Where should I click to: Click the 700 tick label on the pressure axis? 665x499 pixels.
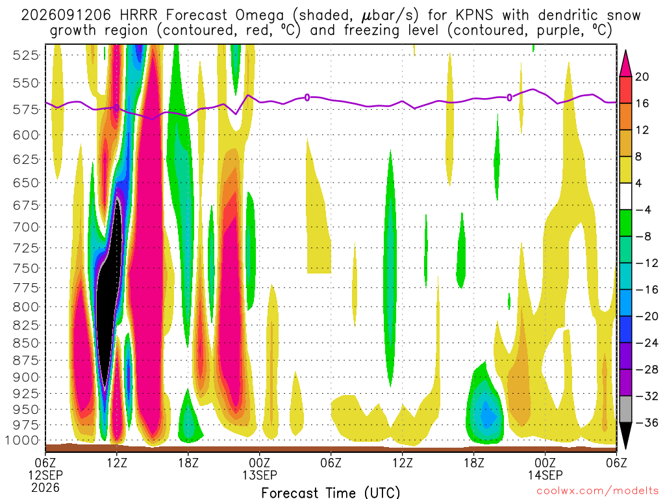click(x=26, y=227)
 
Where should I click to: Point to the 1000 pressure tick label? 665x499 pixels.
click(x=23, y=440)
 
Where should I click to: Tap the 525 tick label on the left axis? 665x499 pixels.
click(x=26, y=55)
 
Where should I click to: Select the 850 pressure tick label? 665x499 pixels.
click(x=26, y=343)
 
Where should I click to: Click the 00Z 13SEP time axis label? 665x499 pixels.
click(x=260, y=468)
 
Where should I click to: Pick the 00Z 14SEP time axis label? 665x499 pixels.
click(x=546, y=468)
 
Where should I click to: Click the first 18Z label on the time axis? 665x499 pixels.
click(x=188, y=463)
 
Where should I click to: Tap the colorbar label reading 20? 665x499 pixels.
click(x=642, y=77)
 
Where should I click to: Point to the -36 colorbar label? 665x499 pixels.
click(x=647, y=422)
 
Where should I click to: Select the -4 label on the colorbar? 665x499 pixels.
click(x=644, y=210)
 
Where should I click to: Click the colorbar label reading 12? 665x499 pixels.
click(x=642, y=130)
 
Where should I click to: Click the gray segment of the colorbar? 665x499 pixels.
click(x=625, y=409)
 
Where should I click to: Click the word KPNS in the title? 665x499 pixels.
click(x=474, y=16)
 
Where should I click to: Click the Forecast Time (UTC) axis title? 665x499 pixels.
click(x=331, y=493)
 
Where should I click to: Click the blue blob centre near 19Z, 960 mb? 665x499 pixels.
click(x=488, y=414)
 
